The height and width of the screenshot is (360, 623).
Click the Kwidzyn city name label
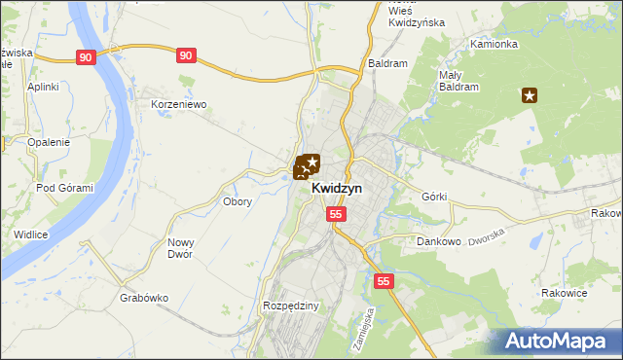click(337, 189)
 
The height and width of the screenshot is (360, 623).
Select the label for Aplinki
click(44, 87)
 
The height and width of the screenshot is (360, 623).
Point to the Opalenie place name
click(49, 142)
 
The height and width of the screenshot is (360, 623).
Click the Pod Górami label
click(64, 188)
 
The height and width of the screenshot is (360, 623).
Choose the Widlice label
click(31, 234)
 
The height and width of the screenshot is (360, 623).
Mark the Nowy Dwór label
click(180, 248)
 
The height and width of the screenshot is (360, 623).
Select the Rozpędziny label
click(291, 306)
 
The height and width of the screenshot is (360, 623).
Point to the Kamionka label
click(494, 45)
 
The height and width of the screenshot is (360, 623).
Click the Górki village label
click(434, 197)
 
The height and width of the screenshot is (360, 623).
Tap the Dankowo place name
click(437, 240)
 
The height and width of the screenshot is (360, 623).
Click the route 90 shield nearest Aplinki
click(87, 57)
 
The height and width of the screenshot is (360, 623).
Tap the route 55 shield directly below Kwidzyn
click(336, 213)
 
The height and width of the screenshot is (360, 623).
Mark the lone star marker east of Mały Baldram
click(530, 95)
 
